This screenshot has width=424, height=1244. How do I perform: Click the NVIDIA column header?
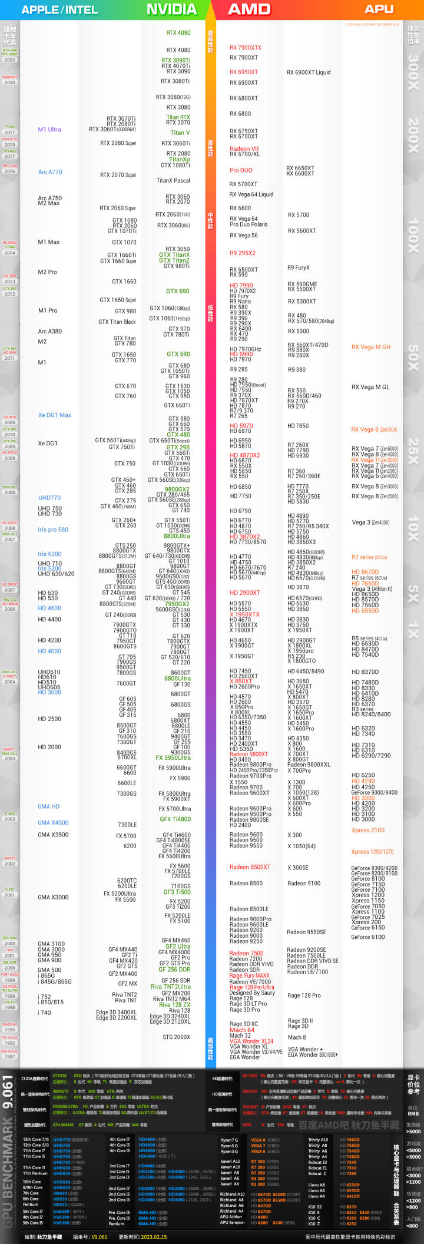coord(171,9)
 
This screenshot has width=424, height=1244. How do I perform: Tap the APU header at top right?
coord(379,9)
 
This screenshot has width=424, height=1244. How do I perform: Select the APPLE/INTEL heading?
coord(59,9)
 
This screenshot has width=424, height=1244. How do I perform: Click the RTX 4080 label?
coord(178,50)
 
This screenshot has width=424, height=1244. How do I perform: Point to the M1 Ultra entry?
coord(49,130)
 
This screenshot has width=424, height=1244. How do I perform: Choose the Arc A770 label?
coord(50,172)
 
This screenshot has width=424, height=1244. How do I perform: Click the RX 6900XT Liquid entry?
coord(309,72)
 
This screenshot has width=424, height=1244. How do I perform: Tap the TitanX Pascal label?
coord(173,181)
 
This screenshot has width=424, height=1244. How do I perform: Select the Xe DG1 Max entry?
coord(55,415)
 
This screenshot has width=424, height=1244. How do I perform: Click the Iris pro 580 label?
coord(53,530)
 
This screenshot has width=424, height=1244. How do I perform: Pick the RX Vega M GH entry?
coord(371,347)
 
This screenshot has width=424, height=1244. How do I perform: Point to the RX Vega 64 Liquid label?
coord(251,194)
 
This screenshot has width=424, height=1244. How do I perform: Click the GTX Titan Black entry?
coord(117,322)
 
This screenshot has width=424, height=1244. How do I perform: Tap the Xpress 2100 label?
coord(368,831)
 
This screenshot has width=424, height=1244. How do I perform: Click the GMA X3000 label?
coord(53,897)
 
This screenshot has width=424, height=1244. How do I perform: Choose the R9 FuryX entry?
coord(299,267)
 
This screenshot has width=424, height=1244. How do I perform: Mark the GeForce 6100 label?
coord(368,937)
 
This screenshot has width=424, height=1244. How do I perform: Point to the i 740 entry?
coord(45,1013)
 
